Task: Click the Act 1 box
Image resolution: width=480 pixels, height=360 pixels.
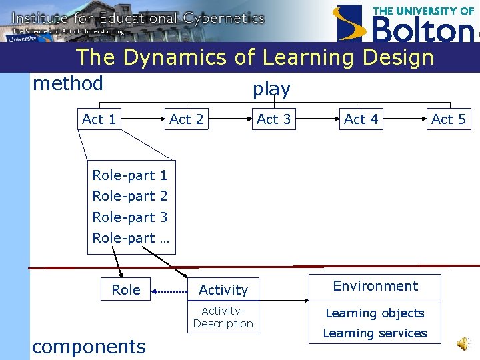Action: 99,119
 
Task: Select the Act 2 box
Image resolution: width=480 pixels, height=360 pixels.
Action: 186,119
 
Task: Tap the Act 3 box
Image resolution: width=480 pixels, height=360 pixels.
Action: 273,119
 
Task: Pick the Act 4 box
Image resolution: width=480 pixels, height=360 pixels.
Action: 361,119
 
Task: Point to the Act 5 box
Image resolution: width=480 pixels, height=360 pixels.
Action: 449,119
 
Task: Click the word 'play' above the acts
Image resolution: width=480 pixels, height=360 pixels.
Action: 271,89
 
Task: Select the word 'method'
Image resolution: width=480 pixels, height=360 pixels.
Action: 68,84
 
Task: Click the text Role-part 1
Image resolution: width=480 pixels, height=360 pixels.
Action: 130,175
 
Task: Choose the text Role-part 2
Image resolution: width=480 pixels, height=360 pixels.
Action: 130,196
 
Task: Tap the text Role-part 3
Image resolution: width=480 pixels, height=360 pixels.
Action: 130,217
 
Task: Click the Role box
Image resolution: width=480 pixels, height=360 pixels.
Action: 126,290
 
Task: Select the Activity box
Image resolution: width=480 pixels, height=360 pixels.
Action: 223,290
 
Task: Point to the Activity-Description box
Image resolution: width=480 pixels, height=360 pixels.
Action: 223,317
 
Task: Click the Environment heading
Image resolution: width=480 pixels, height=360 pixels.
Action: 375,286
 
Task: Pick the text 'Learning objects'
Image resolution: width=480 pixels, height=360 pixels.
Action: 375,313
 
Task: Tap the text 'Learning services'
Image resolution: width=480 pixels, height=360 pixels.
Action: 375,333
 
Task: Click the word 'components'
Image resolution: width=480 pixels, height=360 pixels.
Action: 89,347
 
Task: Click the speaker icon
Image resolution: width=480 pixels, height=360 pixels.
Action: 462,343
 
